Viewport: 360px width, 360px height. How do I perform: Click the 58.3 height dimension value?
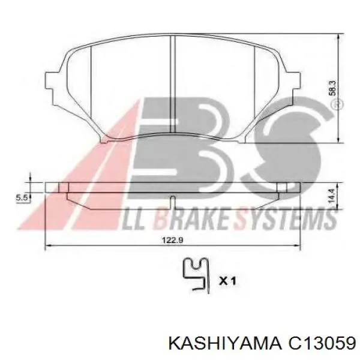pyautogui.click(x=332, y=88)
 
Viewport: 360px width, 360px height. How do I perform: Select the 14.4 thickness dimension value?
pyautogui.click(x=332, y=196)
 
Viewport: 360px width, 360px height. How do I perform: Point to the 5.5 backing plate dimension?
pyautogui.click(x=22, y=197)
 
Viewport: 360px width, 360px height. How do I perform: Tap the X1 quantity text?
pyautogui.click(x=227, y=281)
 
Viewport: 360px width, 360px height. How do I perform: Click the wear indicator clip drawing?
pyautogui.click(x=196, y=275)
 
